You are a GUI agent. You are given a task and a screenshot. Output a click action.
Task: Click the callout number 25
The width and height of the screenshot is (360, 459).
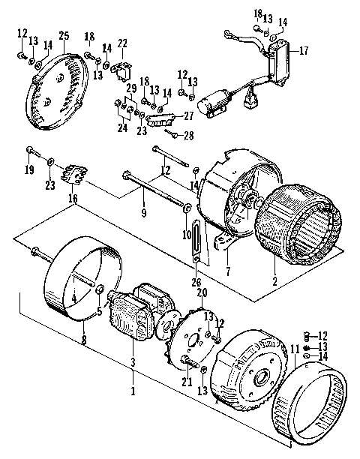(63, 37)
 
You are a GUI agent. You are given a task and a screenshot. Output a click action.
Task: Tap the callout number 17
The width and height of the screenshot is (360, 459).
(304, 52)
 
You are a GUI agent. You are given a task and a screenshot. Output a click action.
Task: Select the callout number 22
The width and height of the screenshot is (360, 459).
(122, 43)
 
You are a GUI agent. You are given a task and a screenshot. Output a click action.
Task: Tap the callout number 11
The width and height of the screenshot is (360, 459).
(295, 349)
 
